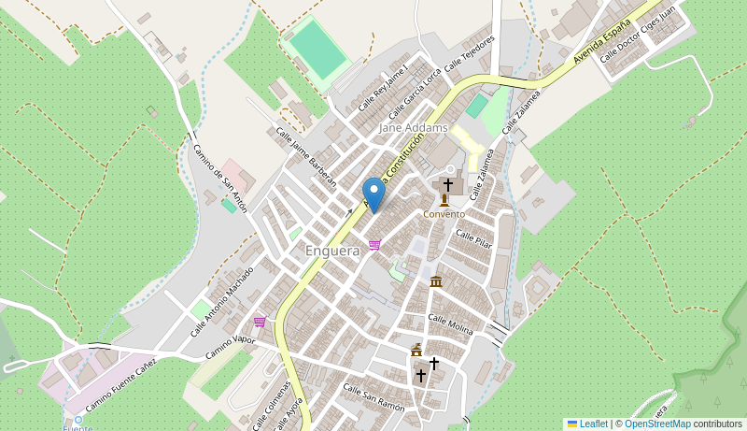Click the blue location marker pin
373,194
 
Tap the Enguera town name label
332,251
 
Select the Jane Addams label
413,127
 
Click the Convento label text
444,214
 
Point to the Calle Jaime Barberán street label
305,157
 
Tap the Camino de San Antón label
220,178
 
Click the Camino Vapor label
230,346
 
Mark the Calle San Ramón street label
373,397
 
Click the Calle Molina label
450,324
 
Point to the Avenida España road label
603,45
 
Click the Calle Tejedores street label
470,55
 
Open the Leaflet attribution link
593,424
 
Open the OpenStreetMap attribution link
657,424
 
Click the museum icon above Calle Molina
436,281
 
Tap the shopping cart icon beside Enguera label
374,245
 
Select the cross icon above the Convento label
447,185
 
